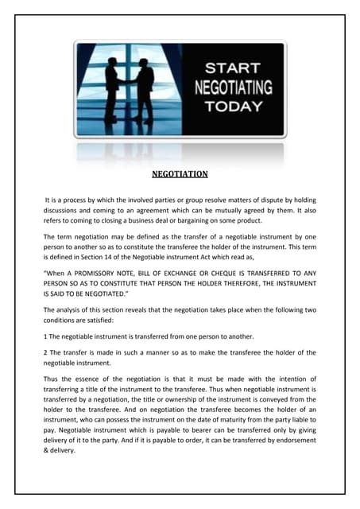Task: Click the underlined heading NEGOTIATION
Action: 180,173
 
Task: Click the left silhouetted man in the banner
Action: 110,91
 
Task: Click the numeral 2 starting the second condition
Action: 45,352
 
